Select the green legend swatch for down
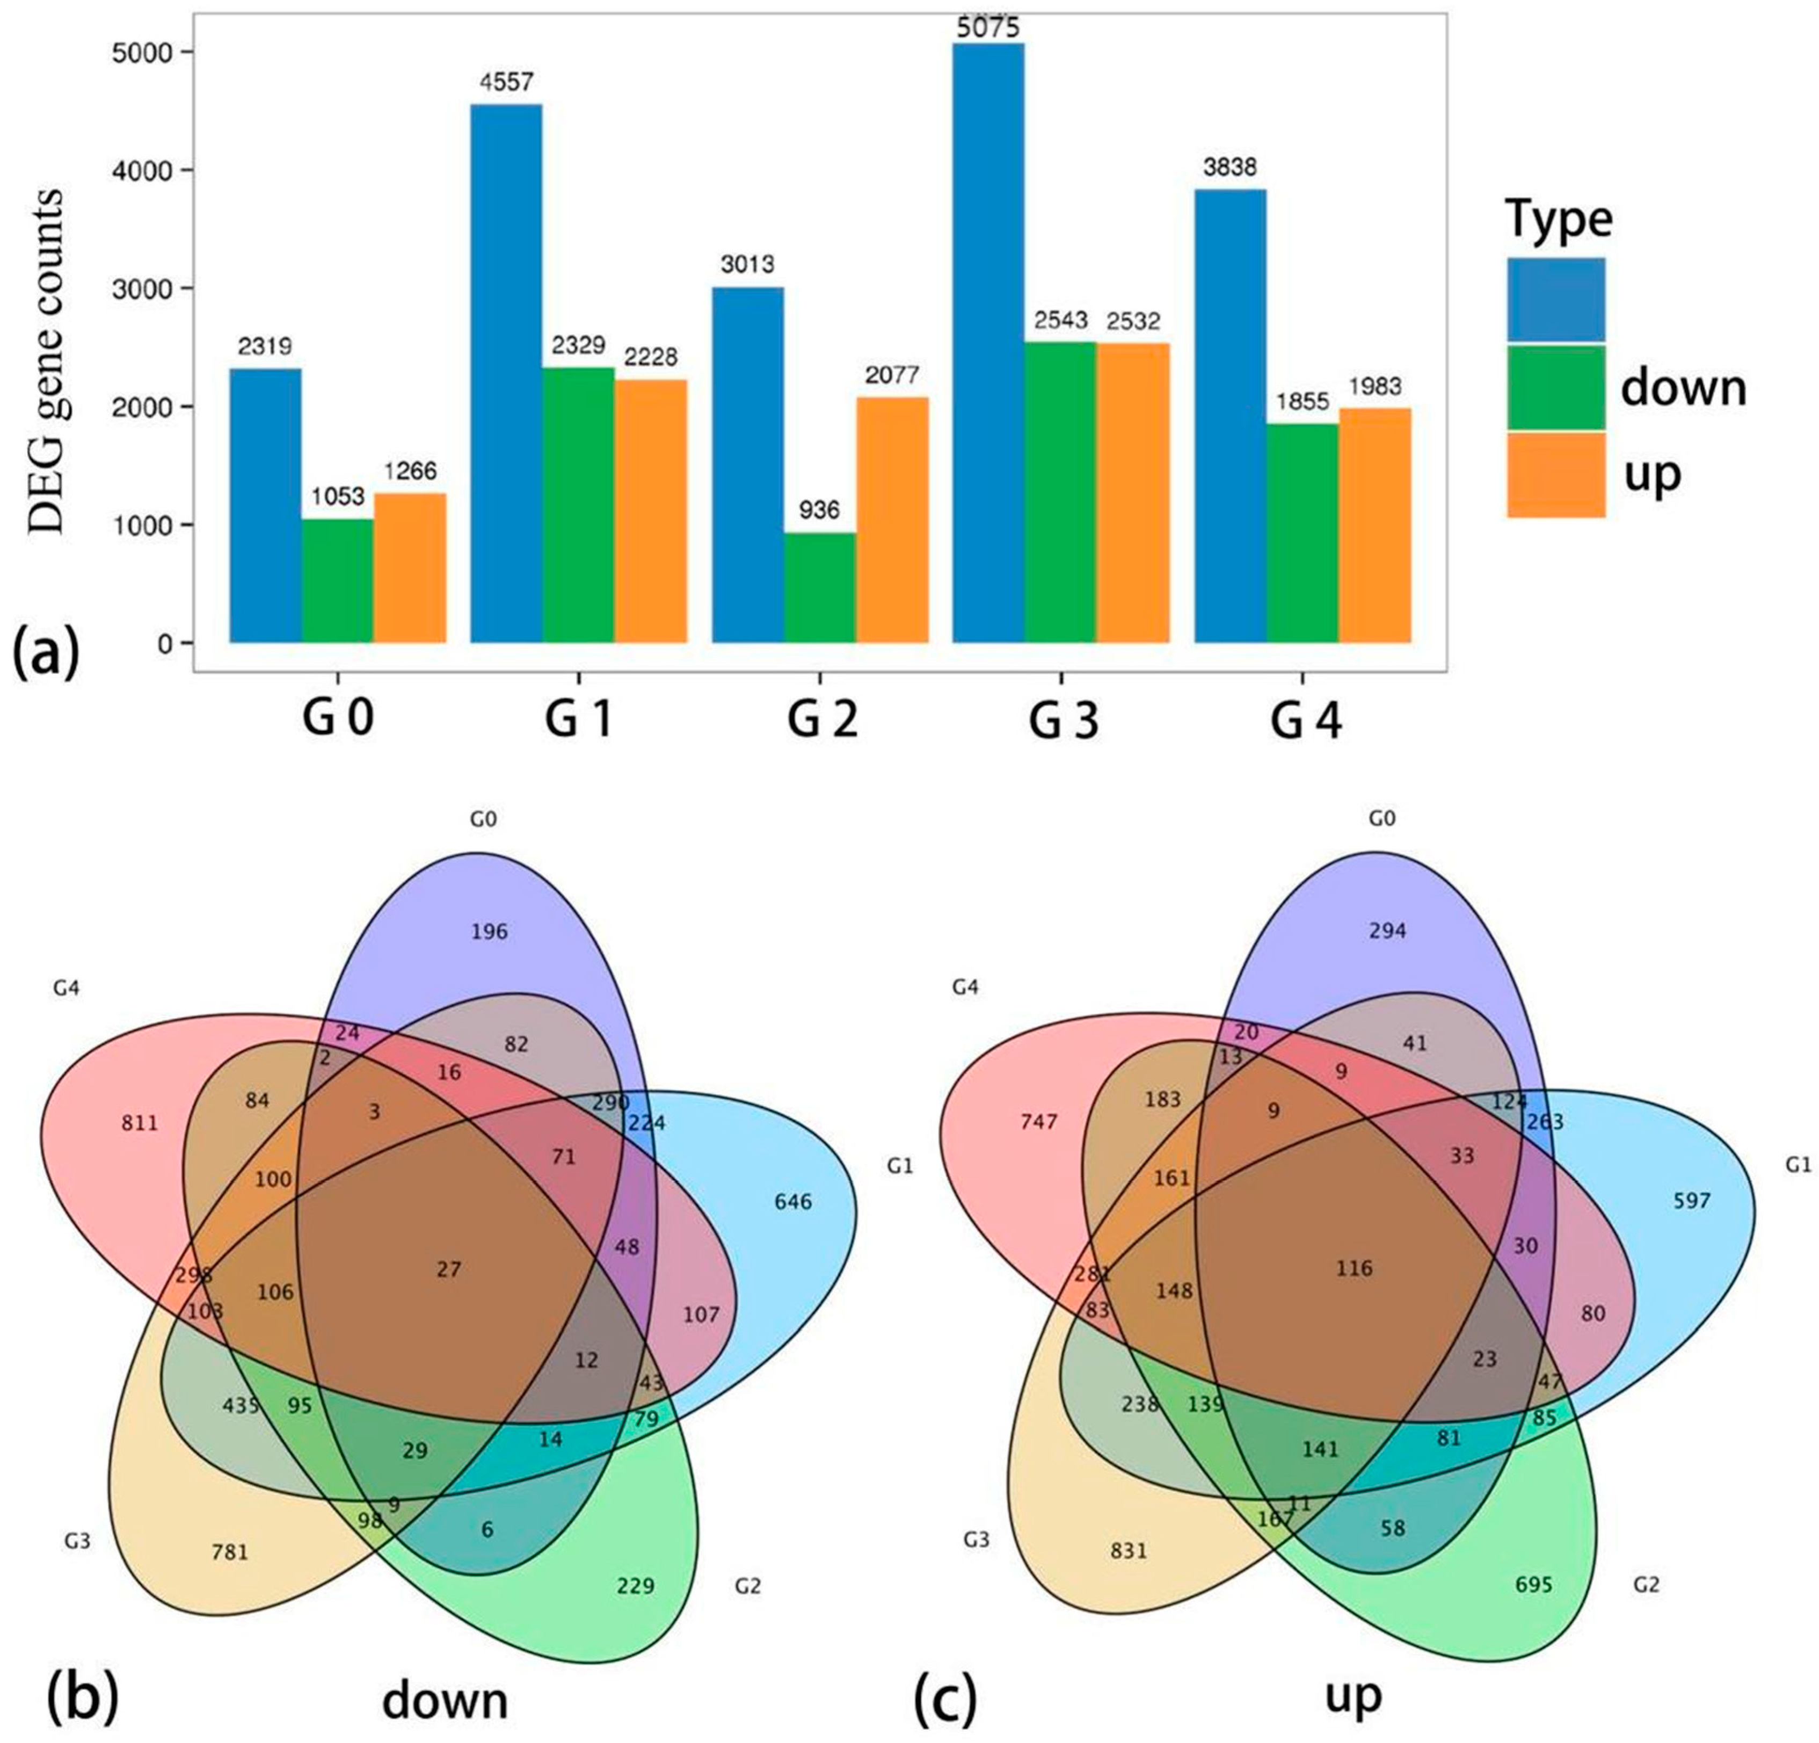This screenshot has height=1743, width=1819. pyautogui.click(x=1555, y=387)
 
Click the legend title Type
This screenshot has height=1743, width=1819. pyautogui.click(x=1558, y=220)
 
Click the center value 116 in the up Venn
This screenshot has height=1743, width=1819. pyautogui.click(x=1354, y=1268)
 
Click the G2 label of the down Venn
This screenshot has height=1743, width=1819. pyautogui.click(x=747, y=1585)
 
